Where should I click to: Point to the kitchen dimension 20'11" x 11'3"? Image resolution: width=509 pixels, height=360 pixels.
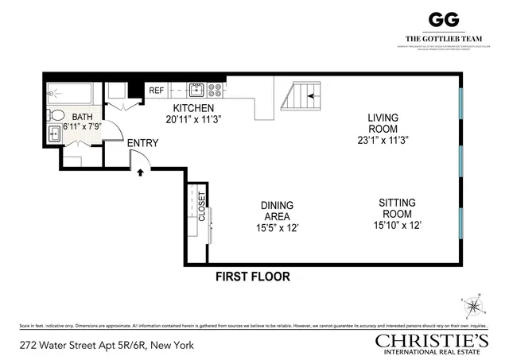click(193, 120)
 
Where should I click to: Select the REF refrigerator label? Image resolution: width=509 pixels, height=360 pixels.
click(157, 91)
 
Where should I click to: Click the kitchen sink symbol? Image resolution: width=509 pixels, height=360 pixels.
click(197, 88)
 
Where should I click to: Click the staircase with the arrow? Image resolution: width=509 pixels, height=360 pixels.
click(302, 99)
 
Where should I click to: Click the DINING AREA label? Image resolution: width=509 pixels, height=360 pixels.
click(276, 211)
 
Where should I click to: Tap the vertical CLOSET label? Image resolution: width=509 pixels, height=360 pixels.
click(202, 206)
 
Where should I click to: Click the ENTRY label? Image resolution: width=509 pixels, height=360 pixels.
click(143, 143)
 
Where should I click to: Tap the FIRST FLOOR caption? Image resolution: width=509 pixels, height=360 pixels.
click(253, 277)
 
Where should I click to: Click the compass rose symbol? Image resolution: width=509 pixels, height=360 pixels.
click(472, 306)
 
